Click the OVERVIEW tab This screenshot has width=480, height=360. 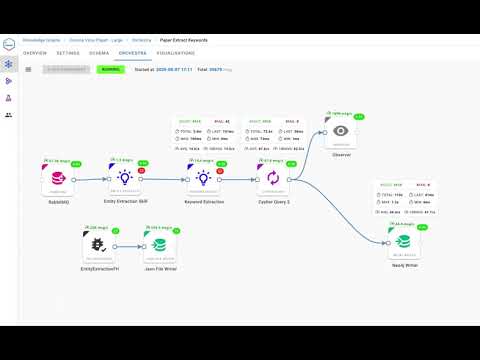point(35,52)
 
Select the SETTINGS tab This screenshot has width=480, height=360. point(68,52)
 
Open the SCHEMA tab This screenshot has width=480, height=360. point(99,52)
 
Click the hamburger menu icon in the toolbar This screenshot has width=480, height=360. point(28,69)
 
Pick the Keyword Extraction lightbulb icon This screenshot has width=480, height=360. point(202,178)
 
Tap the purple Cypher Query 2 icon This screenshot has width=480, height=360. point(268,178)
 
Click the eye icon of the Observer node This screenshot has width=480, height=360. point(342,131)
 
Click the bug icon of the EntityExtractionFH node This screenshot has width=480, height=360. point(99,245)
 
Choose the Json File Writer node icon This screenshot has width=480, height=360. point(158,245)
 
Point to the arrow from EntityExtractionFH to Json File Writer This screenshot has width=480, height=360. point(129,246)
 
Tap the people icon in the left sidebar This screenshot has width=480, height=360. point(9,115)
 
